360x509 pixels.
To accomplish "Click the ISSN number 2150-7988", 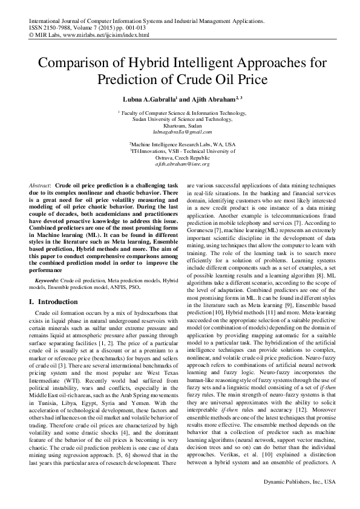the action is [x=57, y=28].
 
